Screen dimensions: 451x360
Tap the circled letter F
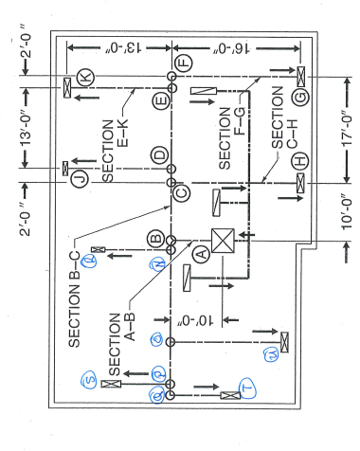[184, 63]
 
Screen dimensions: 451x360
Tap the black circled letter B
[154, 237]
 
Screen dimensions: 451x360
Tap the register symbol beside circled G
[300, 74]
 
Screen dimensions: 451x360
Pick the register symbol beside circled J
[64, 170]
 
